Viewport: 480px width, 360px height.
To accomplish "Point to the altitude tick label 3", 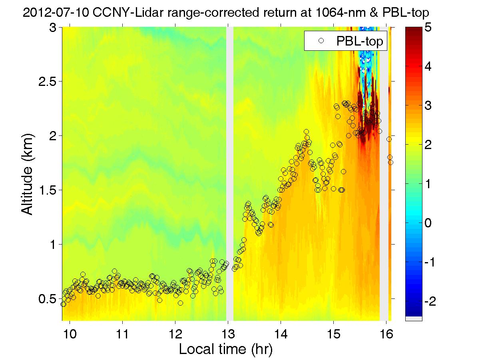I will click(54, 27).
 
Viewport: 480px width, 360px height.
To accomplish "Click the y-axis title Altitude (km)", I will click(28, 174).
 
